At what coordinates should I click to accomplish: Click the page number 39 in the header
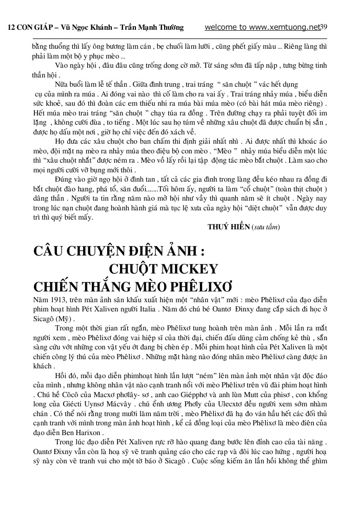point(324,27)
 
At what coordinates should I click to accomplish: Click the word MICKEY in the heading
point(190,269)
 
